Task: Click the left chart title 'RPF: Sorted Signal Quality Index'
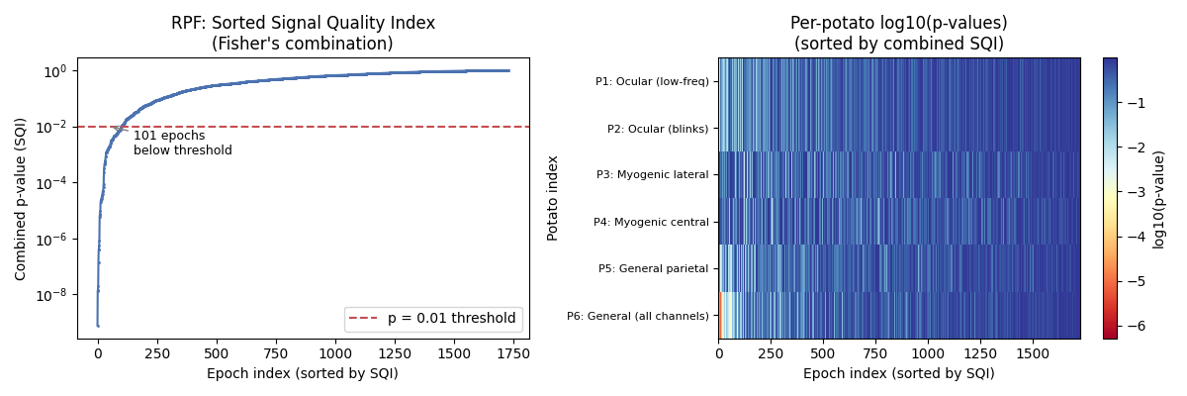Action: click(303, 23)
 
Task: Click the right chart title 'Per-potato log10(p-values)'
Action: click(898, 23)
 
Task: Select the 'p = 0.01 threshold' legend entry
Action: click(433, 319)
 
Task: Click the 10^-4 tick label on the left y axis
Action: click(52, 182)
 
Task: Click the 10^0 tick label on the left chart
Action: click(54, 71)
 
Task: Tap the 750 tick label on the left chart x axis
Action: click(276, 352)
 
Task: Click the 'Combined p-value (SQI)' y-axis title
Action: click(21, 198)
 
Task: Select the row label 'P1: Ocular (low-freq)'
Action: click(651, 81)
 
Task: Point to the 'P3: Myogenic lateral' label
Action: click(652, 175)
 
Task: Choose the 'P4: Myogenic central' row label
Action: click(651, 222)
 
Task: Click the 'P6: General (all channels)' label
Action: click(637, 316)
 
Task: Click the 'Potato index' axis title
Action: click(553, 198)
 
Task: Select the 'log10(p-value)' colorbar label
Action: click(1159, 198)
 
